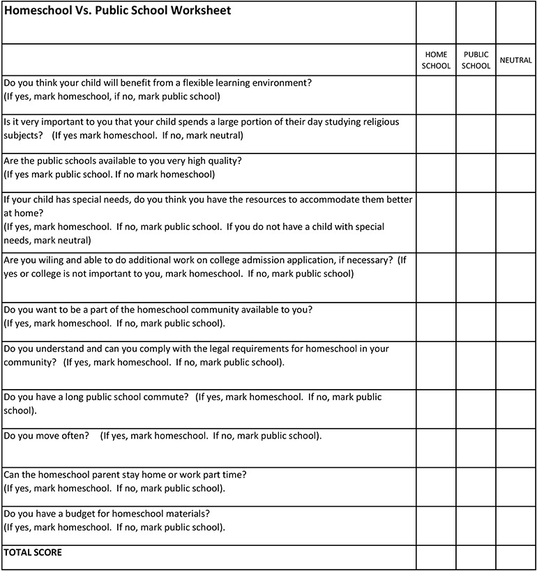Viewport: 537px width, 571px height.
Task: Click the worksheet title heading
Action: pyautogui.click(x=117, y=11)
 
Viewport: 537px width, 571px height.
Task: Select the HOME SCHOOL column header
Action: pyautogui.click(x=436, y=60)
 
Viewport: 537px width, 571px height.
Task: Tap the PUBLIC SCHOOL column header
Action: pyautogui.click(x=476, y=60)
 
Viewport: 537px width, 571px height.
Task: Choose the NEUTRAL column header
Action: pyautogui.click(x=515, y=60)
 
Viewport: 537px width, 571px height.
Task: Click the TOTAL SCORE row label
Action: pyautogui.click(x=33, y=553)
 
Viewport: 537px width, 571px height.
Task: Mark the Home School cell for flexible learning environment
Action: pyautogui.click(x=436, y=94)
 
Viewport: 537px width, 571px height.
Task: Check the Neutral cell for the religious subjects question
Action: pyautogui.click(x=515, y=133)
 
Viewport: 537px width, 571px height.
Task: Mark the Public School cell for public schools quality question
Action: pyautogui.click(x=476, y=172)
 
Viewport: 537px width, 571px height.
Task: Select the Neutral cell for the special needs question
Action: pyautogui.click(x=515, y=222)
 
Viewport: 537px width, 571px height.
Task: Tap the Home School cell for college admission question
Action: pyautogui.click(x=436, y=277)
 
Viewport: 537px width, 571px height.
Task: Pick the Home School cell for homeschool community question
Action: pyautogui.click(x=436, y=321)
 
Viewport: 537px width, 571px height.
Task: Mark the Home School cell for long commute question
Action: pyautogui.click(x=436, y=409)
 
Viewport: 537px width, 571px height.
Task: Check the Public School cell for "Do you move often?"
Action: pyautogui.click(x=476, y=448)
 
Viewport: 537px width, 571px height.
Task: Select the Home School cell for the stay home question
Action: pyautogui.click(x=436, y=487)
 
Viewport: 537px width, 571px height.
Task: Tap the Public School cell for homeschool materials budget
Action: pyautogui.click(x=476, y=526)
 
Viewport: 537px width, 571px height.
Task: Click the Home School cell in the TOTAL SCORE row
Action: pyautogui.click(x=436, y=557)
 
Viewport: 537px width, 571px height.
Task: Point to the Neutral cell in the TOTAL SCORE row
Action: pyautogui.click(x=515, y=557)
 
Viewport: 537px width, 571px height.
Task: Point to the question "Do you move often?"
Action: pyautogui.click(x=46, y=436)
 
